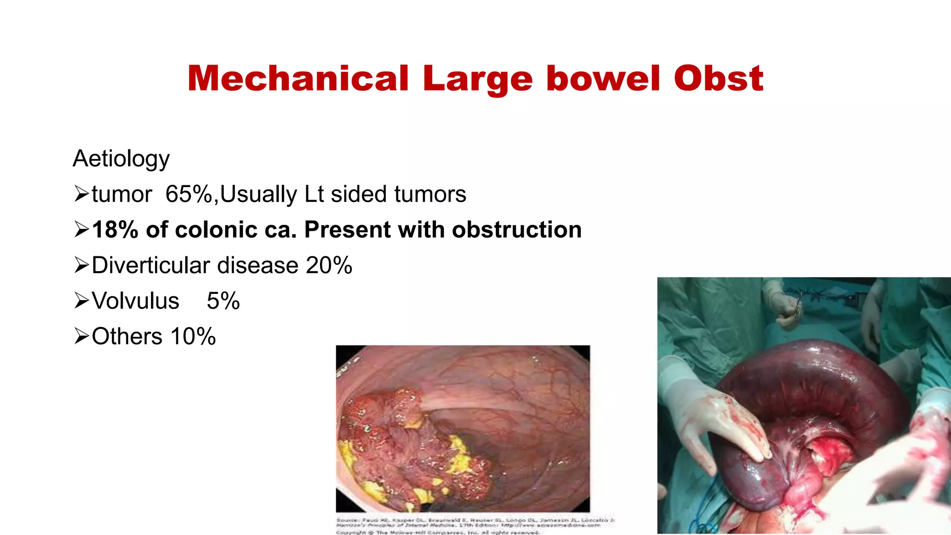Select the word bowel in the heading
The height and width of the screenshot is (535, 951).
coord(603,78)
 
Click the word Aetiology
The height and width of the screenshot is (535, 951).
coord(121,159)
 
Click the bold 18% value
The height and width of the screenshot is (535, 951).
coord(115,230)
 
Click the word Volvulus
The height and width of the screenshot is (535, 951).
coord(135,301)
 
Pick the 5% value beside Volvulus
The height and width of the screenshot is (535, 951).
coord(223,301)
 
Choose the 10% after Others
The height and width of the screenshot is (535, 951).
coord(193,337)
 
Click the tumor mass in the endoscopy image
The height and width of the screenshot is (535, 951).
coord(409,446)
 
